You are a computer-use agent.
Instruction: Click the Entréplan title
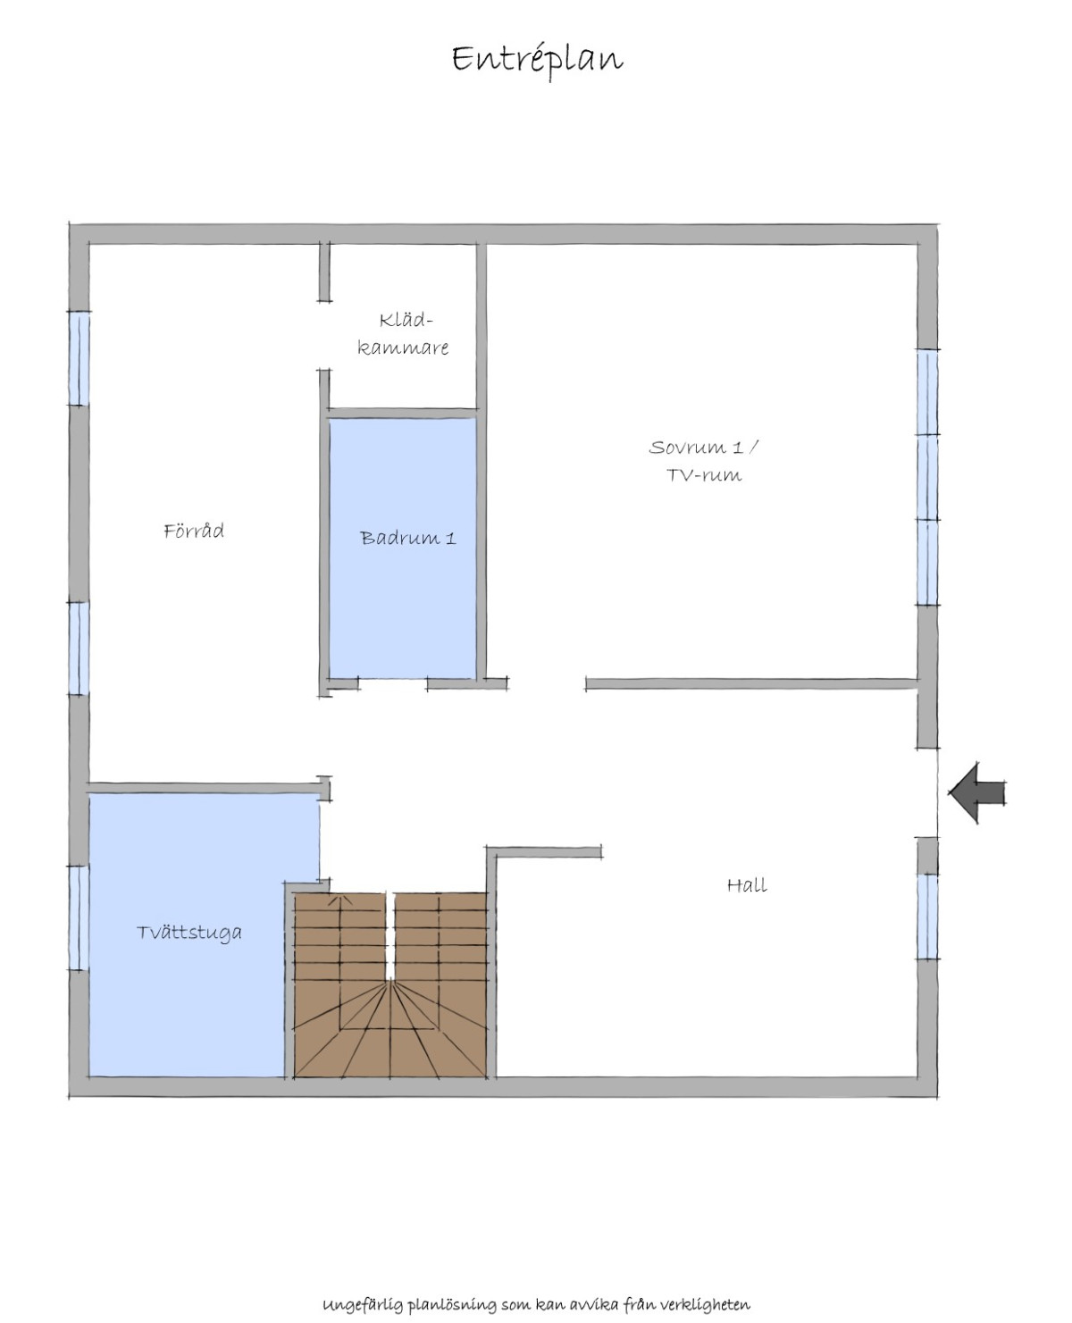(x=537, y=61)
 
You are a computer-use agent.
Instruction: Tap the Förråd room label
(x=194, y=530)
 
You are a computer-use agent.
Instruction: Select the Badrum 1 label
(x=408, y=537)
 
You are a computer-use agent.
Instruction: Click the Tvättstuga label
(x=188, y=933)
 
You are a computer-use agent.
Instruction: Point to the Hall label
(x=747, y=884)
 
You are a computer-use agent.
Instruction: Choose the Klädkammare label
(x=403, y=333)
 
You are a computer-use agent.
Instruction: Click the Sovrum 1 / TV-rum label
(x=704, y=461)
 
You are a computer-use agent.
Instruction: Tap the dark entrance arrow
(x=976, y=792)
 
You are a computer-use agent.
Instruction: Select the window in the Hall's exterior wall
(x=927, y=917)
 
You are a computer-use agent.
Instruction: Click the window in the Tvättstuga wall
(x=79, y=917)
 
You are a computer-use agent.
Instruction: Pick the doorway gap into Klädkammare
(x=324, y=335)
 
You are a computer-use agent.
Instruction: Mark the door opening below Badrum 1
(x=393, y=684)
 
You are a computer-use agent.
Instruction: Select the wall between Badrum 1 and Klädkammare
(x=403, y=413)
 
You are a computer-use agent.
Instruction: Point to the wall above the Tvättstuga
(x=205, y=788)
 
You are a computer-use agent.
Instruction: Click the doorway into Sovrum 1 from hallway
(x=547, y=684)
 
